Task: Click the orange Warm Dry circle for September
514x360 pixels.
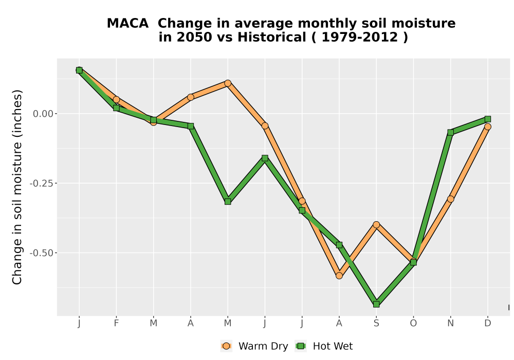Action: tap(376, 225)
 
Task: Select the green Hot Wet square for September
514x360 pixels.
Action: tap(376, 304)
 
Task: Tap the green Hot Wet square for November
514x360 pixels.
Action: tap(450, 133)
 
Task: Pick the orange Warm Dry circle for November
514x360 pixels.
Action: tap(450, 199)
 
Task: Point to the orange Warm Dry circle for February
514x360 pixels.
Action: tap(116, 100)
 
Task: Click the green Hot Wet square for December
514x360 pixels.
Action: tap(487, 119)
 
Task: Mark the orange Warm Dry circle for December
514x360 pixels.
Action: tap(487, 127)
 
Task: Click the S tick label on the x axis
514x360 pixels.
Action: tap(376, 323)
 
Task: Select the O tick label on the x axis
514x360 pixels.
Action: tap(413, 323)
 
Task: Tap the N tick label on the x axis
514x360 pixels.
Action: tap(450, 323)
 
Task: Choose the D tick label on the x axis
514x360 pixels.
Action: tap(487, 323)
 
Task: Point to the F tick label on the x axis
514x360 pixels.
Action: tap(116, 323)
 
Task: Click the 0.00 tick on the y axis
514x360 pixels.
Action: tap(43, 114)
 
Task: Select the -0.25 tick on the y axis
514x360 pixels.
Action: tap(41, 183)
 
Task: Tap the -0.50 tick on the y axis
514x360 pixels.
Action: tap(41, 253)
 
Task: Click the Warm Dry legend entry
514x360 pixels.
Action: tap(254, 346)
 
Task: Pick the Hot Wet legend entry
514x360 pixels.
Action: tap(324, 346)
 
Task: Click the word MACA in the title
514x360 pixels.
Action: tap(127, 24)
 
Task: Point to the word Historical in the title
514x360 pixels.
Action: tap(272, 37)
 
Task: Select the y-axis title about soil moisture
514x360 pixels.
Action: tap(17, 187)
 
